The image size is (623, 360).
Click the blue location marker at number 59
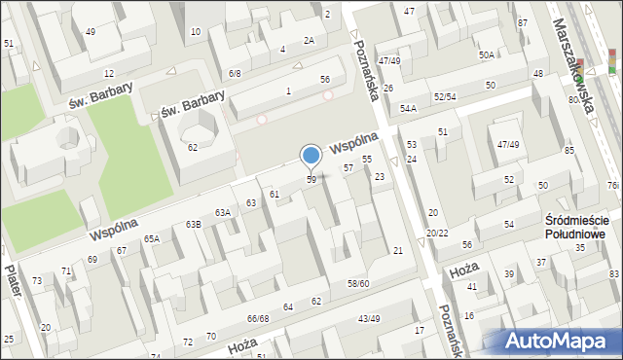[311, 157]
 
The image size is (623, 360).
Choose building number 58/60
[358, 283]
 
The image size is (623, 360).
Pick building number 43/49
[369, 318]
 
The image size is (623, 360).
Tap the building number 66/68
[257, 318]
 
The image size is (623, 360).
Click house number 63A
[223, 212]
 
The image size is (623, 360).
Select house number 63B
[193, 225]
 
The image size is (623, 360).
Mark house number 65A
[152, 238]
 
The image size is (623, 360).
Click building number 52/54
[445, 97]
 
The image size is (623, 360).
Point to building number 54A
[408, 108]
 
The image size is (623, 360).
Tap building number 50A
[486, 55]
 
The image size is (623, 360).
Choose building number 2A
[309, 40]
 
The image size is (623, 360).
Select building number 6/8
[235, 73]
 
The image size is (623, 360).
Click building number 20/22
[437, 233]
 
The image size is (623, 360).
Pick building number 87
[523, 22]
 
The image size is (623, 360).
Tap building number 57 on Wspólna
[348, 168]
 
